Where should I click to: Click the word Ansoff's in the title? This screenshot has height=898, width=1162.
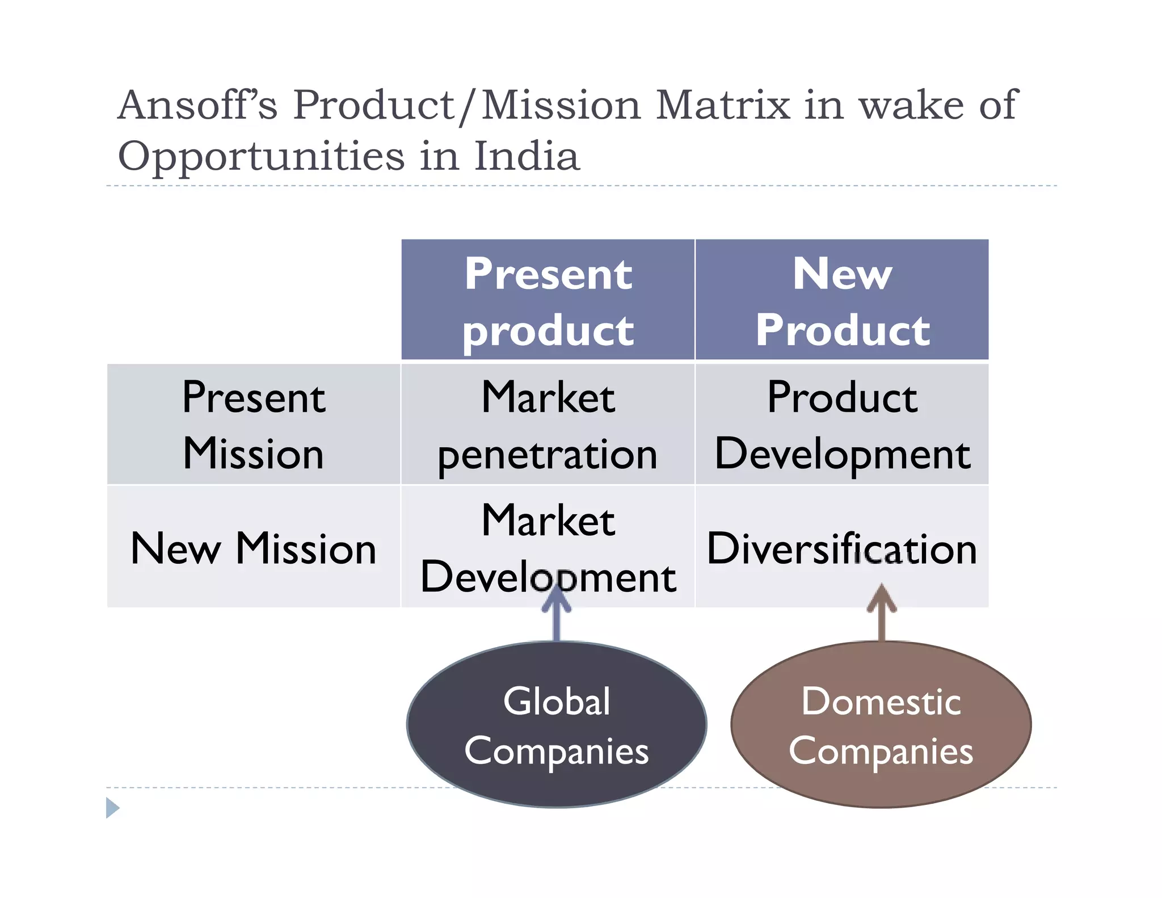tap(197, 106)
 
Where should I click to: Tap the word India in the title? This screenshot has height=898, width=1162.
tap(527, 156)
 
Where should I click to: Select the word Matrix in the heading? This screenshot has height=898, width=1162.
tap(722, 106)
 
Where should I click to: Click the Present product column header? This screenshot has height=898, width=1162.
tap(548, 300)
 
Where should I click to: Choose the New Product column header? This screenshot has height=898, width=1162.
tap(842, 300)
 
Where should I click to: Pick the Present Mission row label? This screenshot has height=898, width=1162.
tap(254, 425)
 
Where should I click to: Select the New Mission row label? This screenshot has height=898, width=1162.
tap(254, 548)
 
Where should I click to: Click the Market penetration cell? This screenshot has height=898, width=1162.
tap(548, 425)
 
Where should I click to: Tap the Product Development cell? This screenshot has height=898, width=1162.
tap(842, 425)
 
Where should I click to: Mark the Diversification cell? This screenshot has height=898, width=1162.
tap(842, 548)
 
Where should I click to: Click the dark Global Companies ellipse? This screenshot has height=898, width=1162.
tap(557, 725)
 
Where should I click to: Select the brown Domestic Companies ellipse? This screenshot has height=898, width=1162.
tap(881, 725)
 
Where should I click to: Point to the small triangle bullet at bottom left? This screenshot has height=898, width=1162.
tap(112, 807)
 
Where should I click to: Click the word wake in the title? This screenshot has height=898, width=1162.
tap(911, 106)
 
